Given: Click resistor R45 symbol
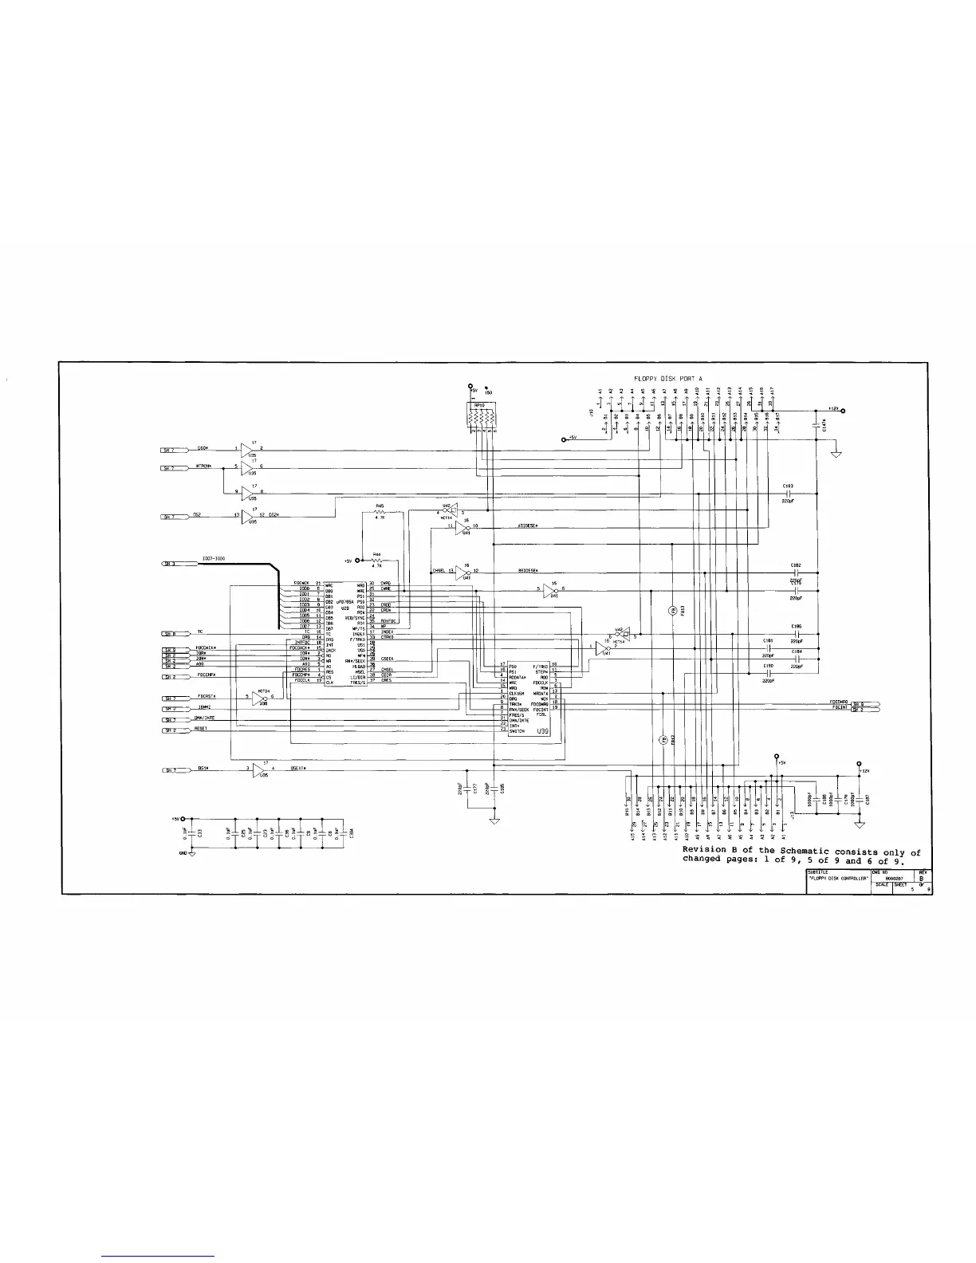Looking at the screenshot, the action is [x=381, y=513].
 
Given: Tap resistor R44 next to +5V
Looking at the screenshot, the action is [x=376, y=561].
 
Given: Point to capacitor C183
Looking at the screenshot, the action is [x=788, y=493].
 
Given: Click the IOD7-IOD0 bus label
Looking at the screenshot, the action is [x=214, y=559].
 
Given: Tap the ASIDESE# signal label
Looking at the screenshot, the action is [x=529, y=526].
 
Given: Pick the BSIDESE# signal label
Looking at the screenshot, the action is [x=529, y=571].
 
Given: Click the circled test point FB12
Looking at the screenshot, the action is [x=663, y=740].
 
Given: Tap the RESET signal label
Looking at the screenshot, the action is [x=201, y=729].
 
